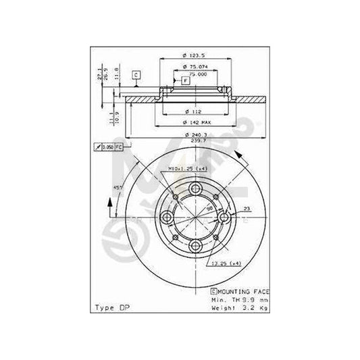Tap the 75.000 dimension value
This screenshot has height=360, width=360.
[x=195, y=74]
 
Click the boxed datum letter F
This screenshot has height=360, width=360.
[x=185, y=81]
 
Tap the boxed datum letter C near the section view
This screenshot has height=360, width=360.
[x=135, y=74]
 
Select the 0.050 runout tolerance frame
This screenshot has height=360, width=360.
[x=109, y=147]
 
